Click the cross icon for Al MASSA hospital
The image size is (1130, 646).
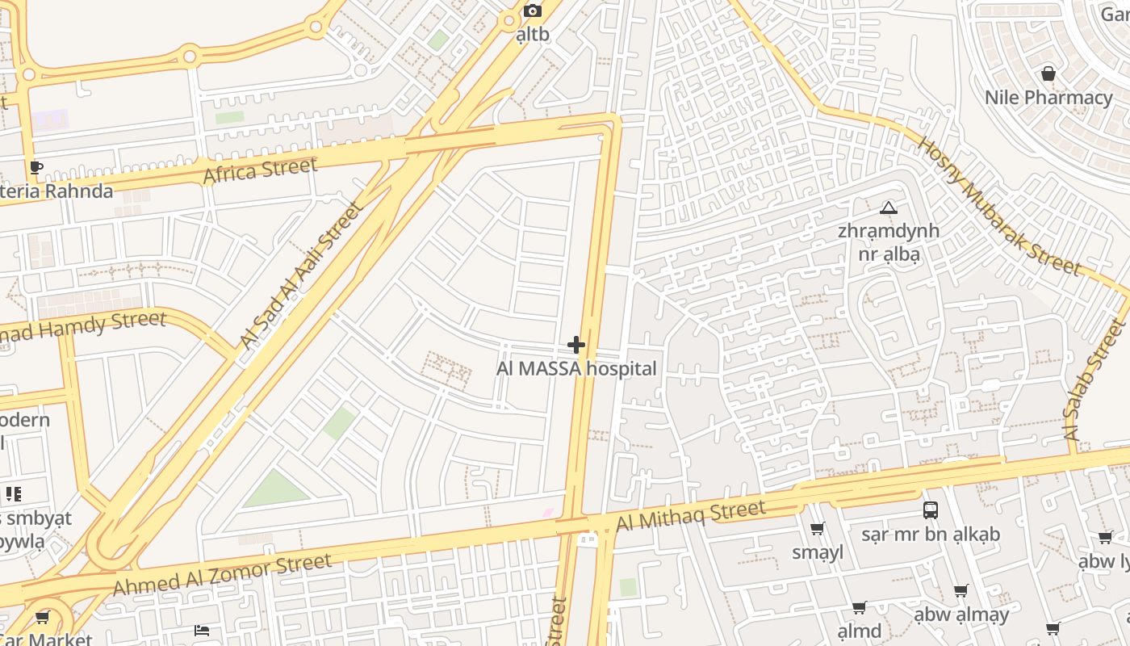click(575, 345)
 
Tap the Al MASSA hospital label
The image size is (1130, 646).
click(576, 369)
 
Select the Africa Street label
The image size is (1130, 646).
click(260, 170)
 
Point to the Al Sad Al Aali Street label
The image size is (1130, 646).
click(300, 275)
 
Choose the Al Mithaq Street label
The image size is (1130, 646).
click(690, 515)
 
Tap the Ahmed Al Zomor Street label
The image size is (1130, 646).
click(222, 574)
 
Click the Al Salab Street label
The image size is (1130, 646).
click(1094, 380)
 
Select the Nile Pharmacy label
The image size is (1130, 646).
click(1048, 98)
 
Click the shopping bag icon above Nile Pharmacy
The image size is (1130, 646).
click(1048, 74)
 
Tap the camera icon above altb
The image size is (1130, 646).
click(532, 10)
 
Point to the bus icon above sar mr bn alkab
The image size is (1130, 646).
click(930, 510)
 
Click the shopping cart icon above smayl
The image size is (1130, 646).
click(817, 529)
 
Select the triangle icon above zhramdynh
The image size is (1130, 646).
click(889, 208)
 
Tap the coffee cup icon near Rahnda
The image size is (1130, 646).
click(36, 168)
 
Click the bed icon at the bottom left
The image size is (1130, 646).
click(202, 630)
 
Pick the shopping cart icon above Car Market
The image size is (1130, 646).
click(42, 618)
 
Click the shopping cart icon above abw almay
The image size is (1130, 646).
click(960, 591)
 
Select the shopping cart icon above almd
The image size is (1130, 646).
click(859, 607)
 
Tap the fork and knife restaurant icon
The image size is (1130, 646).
click(13, 493)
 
